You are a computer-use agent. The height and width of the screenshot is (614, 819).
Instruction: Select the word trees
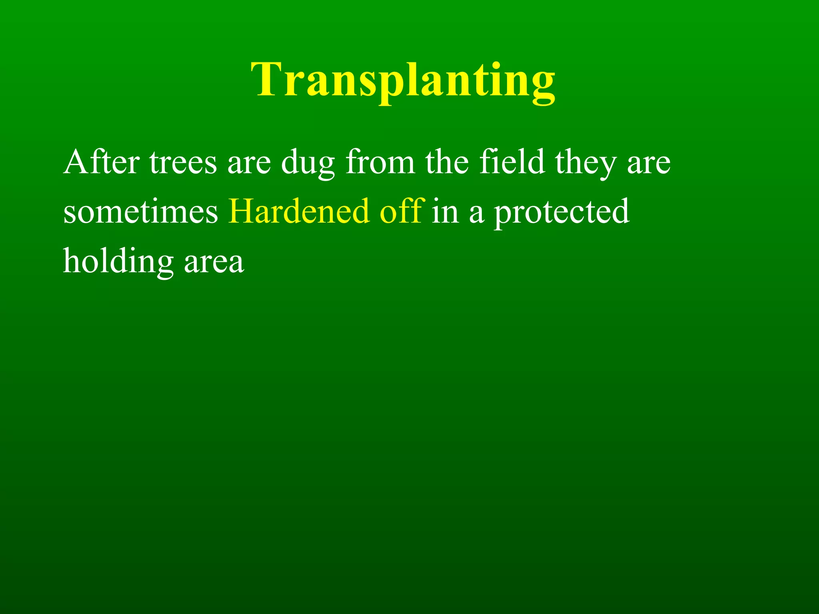click(x=183, y=162)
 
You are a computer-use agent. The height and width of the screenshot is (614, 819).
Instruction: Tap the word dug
click(x=308, y=164)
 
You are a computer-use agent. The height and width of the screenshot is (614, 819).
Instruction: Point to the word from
click(x=380, y=162)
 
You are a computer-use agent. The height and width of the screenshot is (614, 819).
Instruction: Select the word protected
click(x=561, y=213)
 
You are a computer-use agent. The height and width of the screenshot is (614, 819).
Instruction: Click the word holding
click(x=118, y=262)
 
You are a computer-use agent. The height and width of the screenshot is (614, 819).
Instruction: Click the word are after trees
click(x=249, y=164)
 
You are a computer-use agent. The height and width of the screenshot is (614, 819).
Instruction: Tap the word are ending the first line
click(x=648, y=164)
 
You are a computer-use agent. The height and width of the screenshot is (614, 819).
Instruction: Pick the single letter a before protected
click(x=476, y=213)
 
